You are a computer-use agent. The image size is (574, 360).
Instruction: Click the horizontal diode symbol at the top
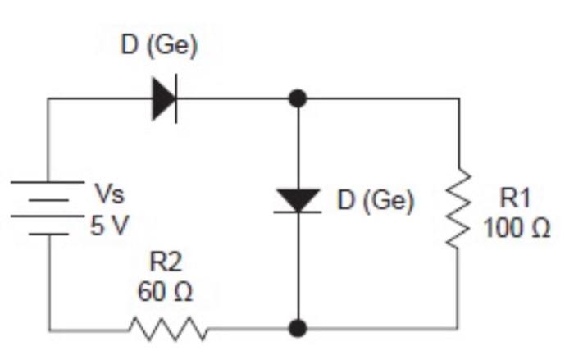[164, 99]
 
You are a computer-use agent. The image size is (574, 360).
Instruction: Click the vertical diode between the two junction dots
[298, 200]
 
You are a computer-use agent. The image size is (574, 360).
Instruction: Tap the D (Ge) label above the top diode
[159, 47]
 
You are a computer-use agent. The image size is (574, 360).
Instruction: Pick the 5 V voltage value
[109, 224]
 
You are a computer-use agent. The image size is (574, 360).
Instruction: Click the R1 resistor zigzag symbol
[457, 209]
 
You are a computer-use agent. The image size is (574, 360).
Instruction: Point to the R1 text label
[516, 197]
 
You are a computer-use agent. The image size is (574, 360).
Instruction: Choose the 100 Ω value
[516, 227]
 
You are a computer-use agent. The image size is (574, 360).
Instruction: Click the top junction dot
[298, 99]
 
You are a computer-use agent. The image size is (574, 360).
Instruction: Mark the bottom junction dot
[298, 329]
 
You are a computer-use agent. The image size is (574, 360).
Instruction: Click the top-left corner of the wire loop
[48, 99]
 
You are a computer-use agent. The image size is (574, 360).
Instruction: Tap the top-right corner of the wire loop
[457, 99]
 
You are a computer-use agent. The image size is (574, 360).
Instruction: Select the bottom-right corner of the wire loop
[457, 329]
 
